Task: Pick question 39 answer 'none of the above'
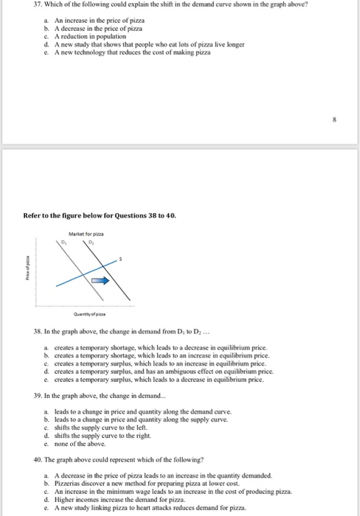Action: pos(76,444)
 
